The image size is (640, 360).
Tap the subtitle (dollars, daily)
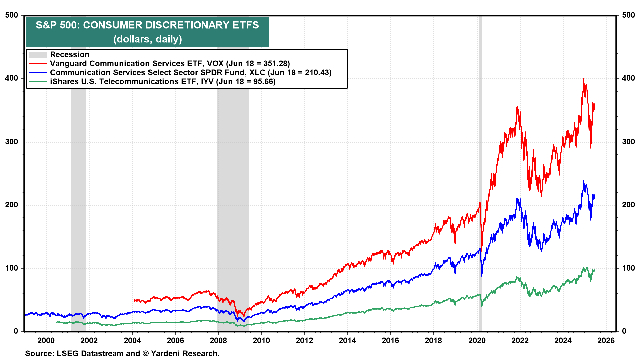tap(148, 39)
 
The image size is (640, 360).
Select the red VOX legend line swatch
tap(38, 64)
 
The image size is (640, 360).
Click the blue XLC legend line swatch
tap(38, 73)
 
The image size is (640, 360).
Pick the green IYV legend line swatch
tap(38, 82)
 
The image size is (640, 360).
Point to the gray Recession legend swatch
tap(38, 55)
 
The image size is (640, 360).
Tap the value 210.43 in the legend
tap(317, 73)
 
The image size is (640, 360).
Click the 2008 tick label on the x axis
tap(218, 340)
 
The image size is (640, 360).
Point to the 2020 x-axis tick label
tap(477, 340)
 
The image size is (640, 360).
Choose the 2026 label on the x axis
tap(606, 340)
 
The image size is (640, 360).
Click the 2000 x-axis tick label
tap(46, 340)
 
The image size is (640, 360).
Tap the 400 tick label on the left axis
tap(12, 78)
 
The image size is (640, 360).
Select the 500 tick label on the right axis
tap(628, 15)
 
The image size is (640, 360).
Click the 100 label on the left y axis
tap(12, 268)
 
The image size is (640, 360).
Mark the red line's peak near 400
tap(584, 79)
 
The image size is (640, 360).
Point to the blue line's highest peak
tap(583, 181)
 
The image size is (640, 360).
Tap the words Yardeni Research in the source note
tap(185, 353)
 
